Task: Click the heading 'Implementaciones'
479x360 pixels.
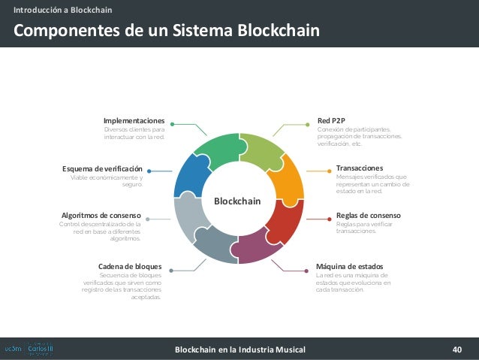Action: coord(134,120)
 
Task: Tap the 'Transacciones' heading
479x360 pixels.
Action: coord(360,168)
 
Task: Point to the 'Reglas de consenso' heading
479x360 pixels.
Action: coord(368,215)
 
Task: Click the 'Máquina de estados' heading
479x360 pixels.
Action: coord(350,266)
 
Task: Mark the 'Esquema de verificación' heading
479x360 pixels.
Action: coord(102,168)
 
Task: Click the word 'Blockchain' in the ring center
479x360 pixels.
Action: coord(237,201)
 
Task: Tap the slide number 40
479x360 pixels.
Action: coord(457,349)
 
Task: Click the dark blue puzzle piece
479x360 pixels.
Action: coord(190,177)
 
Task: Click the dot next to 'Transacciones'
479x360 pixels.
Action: coord(328,171)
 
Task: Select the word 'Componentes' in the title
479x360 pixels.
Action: coord(61,31)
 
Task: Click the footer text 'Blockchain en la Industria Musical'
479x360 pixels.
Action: coord(239,349)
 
